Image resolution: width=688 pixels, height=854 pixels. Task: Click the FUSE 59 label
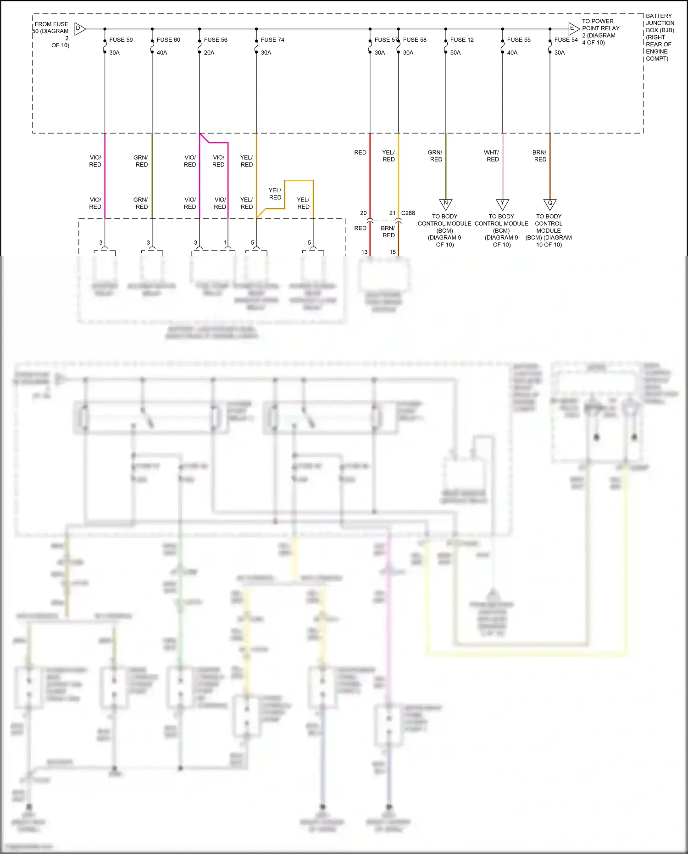(121, 40)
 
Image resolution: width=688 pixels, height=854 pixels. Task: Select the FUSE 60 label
(168, 40)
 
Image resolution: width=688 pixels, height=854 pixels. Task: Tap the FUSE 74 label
(272, 40)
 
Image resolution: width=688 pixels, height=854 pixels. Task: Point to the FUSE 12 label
(462, 40)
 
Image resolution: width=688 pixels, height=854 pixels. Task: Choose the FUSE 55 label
(519, 40)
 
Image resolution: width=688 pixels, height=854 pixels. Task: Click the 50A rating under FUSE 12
(455, 53)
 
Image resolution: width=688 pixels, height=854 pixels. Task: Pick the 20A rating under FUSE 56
(209, 53)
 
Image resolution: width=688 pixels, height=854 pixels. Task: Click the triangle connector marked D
(79, 29)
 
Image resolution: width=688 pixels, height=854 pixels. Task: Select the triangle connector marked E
(573, 28)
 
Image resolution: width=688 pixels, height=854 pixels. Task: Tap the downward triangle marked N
(446, 204)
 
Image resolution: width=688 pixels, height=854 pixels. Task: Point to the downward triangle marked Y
(503, 204)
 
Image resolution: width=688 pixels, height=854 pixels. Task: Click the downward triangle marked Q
(550, 204)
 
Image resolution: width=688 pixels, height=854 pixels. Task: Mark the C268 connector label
(408, 213)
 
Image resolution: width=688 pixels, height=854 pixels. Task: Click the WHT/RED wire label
(492, 156)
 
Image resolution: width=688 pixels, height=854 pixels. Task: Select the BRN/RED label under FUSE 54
(540, 156)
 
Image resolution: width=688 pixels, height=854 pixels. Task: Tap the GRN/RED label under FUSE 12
(436, 156)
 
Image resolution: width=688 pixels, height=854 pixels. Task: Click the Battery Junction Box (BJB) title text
(660, 37)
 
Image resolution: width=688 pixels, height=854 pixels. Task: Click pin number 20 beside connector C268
(363, 213)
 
